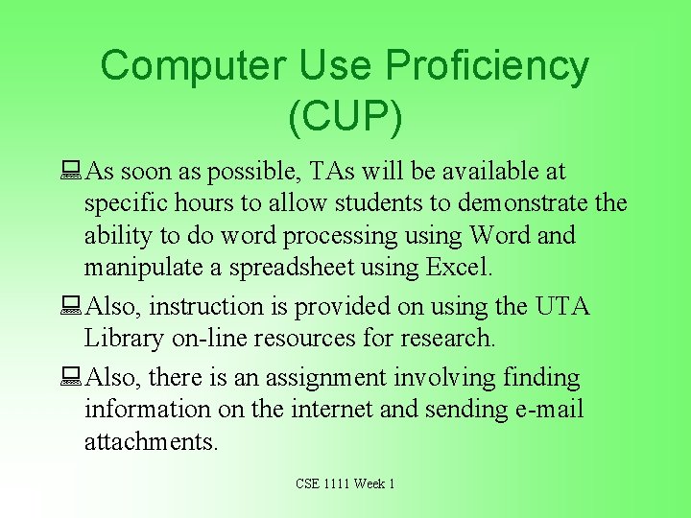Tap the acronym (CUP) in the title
click(x=345, y=115)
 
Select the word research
click(x=452, y=339)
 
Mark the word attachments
click(x=151, y=442)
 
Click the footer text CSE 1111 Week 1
click(x=345, y=483)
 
